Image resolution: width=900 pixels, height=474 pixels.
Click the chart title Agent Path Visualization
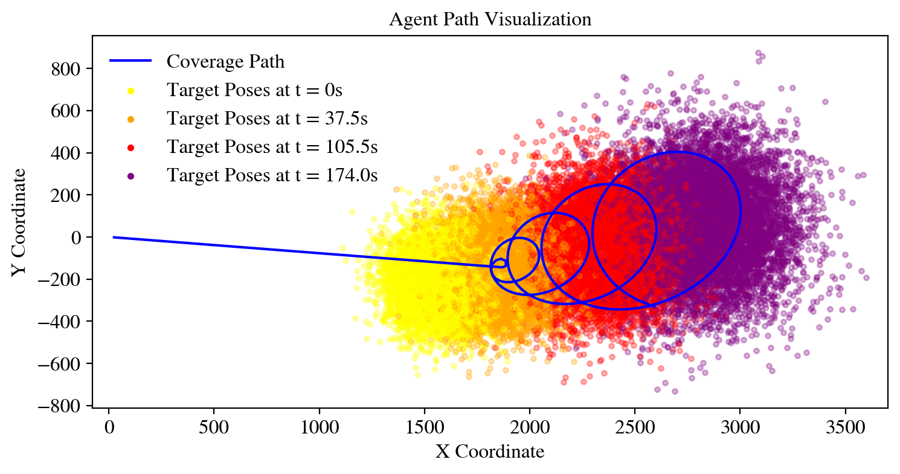(490, 19)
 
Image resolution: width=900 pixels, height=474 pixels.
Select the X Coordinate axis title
(490, 452)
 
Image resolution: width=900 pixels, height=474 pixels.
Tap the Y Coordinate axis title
(19, 222)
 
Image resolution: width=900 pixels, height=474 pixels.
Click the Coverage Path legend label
(225, 62)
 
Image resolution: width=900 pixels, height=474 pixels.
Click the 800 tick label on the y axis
(68, 69)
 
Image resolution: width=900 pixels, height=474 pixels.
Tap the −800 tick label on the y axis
(63, 406)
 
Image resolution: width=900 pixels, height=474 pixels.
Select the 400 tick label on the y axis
(68, 153)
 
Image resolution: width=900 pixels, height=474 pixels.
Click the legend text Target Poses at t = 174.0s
(272, 176)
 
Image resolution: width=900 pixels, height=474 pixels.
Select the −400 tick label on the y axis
(63, 322)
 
